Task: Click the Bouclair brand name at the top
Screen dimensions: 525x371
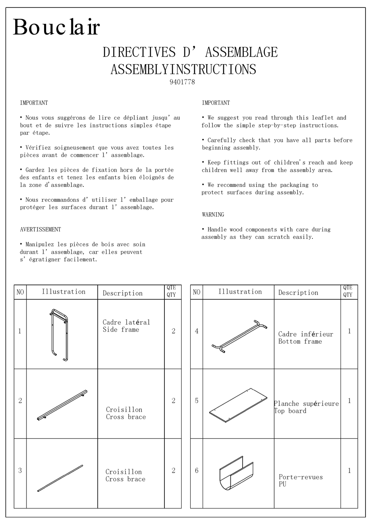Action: pyautogui.click(x=56, y=27)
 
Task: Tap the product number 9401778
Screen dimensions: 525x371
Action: pyautogui.click(x=182, y=82)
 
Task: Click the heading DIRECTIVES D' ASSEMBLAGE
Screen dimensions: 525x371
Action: pyautogui.click(x=190, y=52)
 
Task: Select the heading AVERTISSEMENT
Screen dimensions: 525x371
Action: pyautogui.click(x=40, y=229)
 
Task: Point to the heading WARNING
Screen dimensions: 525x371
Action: pyautogui.click(x=213, y=215)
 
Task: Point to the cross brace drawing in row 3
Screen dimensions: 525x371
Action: pyautogui.click(x=60, y=478)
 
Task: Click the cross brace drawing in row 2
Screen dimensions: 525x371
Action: pyautogui.click(x=62, y=405)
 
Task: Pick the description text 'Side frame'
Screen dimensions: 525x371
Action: pyautogui.click(x=121, y=330)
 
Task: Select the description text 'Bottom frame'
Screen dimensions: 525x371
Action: pyautogui.click(x=300, y=341)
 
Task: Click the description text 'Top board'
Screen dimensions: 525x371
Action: pyautogui.click(x=290, y=411)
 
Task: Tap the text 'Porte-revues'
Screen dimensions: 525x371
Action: pyautogui.click(x=301, y=477)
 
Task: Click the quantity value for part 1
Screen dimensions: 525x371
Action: pyautogui.click(x=173, y=331)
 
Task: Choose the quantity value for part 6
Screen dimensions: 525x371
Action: pyautogui.click(x=349, y=471)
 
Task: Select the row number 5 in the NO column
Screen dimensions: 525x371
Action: pyautogui.click(x=196, y=401)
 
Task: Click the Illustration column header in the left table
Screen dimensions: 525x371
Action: pyautogui.click(x=63, y=292)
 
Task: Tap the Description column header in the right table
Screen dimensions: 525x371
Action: pyautogui.click(x=298, y=292)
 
